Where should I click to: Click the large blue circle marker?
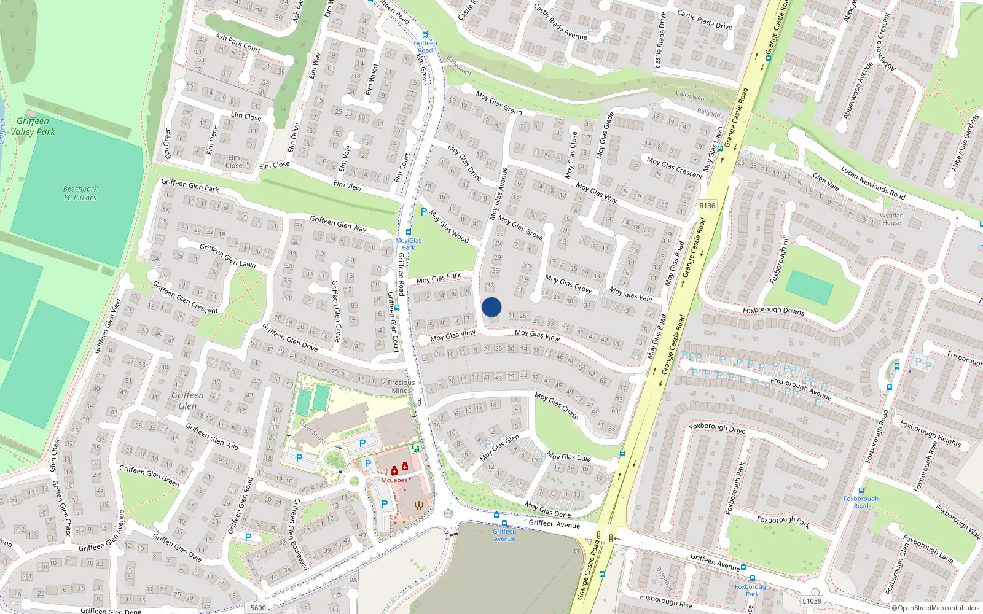pos(491,307)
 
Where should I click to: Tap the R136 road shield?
pos(707,206)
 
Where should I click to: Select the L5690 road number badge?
pos(256,608)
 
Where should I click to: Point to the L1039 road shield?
pos(812,600)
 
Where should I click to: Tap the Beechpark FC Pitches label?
pos(80,193)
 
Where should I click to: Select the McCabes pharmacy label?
pos(394,480)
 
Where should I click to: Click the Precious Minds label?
pos(401,386)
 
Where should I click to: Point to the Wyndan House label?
pos(891,219)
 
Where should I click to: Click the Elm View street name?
pos(347,185)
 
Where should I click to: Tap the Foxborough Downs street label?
pos(773,311)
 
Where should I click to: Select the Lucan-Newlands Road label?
pos(872,183)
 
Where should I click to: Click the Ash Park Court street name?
pos(238,42)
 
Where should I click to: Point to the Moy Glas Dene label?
pos(547,510)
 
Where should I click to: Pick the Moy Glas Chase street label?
pos(557,406)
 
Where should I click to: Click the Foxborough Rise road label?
pos(665,600)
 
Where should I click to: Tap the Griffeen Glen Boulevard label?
pos(299,534)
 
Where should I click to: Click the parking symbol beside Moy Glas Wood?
pos(423,212)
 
